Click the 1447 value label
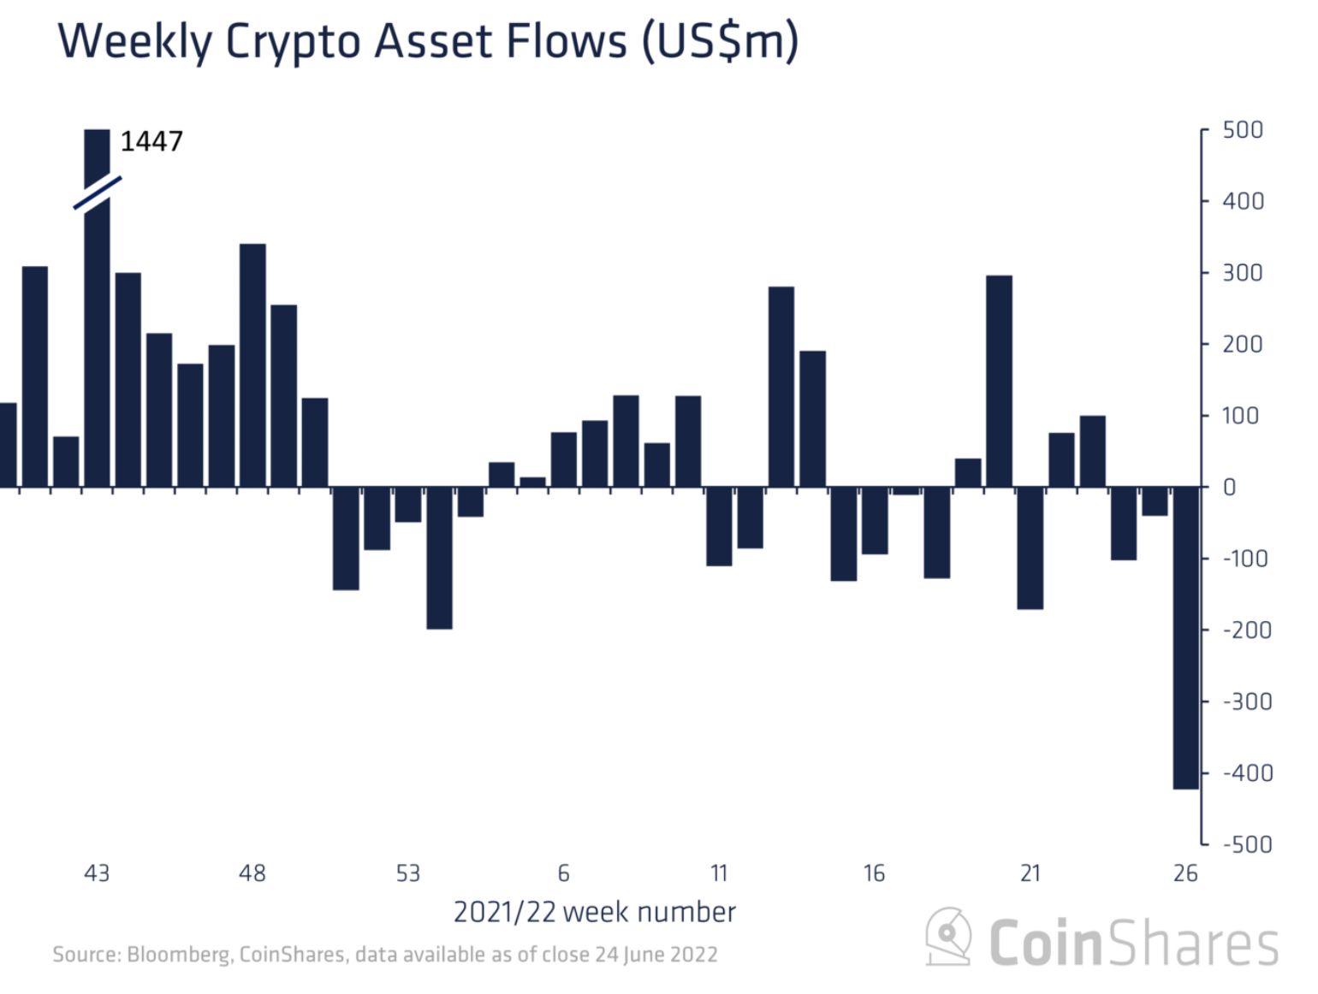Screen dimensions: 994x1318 pos(151,141)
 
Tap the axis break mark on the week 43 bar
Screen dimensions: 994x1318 pos(98,192)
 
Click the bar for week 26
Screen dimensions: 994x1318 pos(1185,637)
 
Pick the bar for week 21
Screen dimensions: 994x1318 pos(1030,547)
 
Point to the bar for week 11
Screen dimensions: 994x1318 pos(719,526)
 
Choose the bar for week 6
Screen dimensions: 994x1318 pos(564,459)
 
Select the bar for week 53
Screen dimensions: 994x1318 pos(408,504)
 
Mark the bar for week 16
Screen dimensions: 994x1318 pos(875,520)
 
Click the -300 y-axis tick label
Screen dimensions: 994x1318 pos(1247,701)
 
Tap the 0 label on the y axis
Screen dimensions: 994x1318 pos(1230,488)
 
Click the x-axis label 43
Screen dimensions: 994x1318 pos(97,873)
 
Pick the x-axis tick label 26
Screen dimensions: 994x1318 pos(1185,873)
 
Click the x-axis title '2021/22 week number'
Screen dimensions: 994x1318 pos(594,912)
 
